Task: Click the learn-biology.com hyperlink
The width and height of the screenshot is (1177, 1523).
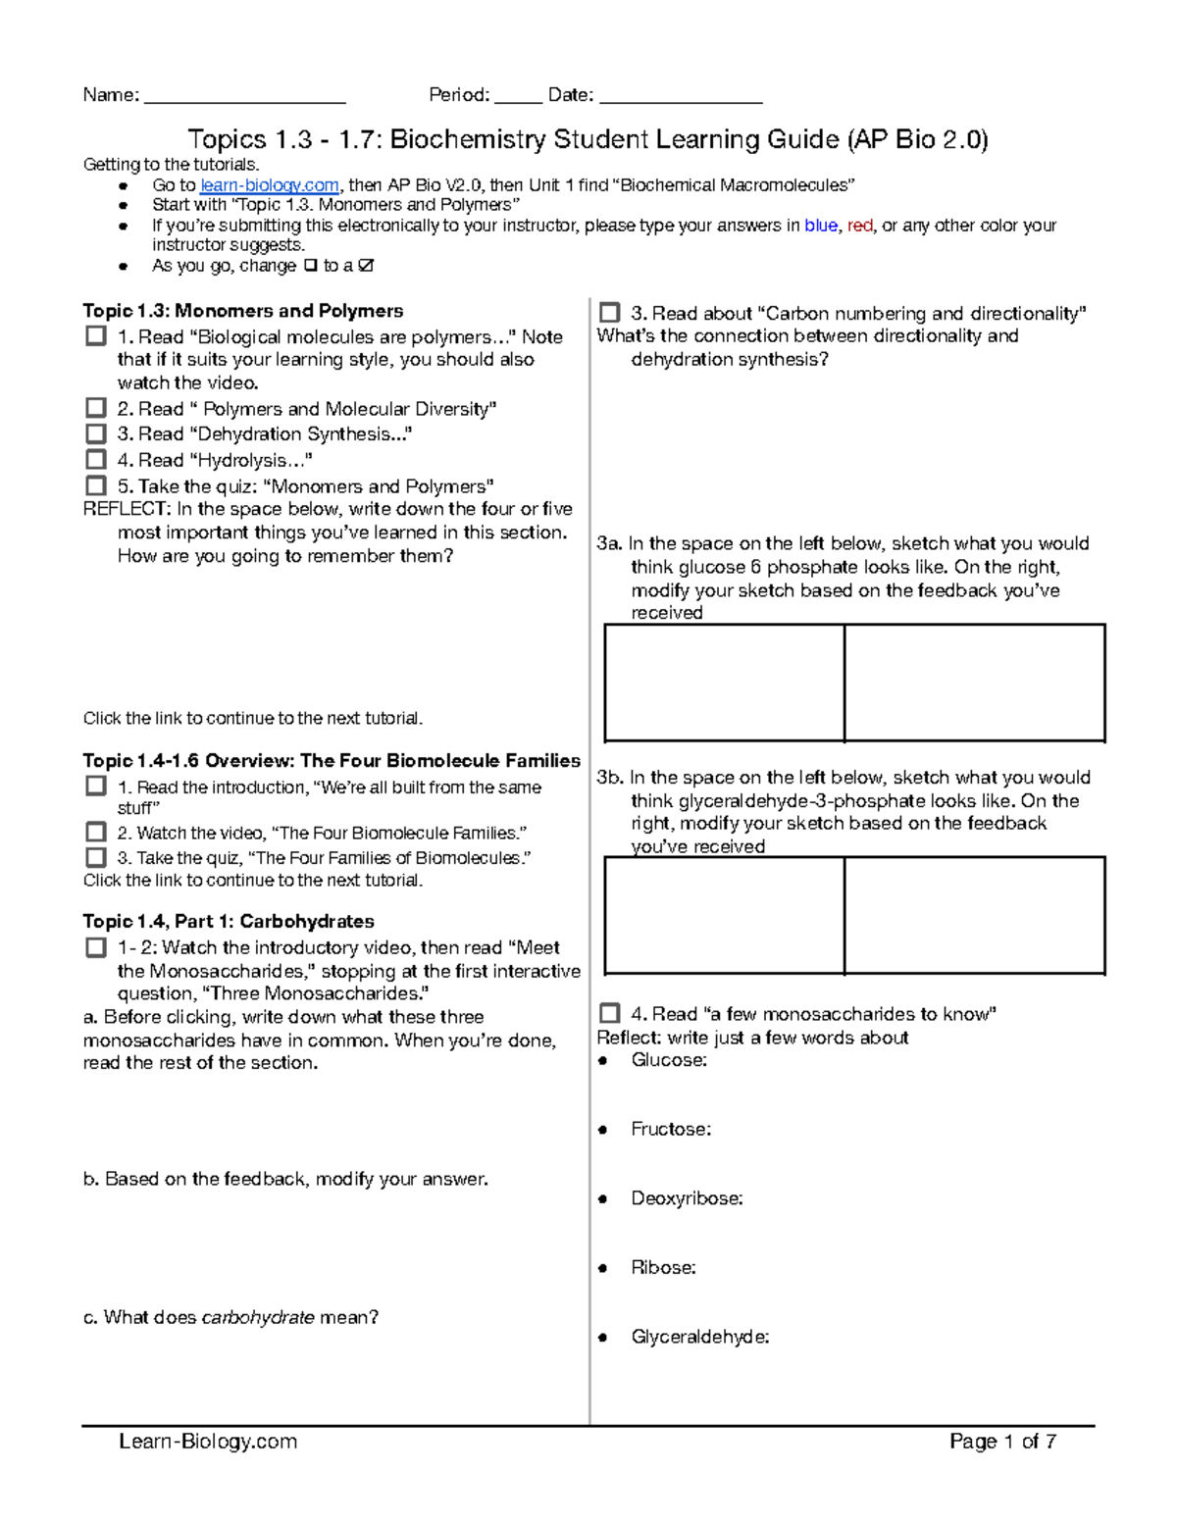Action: click(270, 185)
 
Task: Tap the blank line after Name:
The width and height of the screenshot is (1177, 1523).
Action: click(244, 97)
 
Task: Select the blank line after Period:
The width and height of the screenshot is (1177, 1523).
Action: click(518, 97)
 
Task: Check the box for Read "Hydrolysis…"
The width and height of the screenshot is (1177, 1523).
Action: click(95, 459)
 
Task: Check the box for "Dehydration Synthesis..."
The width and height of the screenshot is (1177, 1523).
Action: click(95, 433)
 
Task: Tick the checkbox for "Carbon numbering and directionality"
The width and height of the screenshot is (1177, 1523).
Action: click(609, 313)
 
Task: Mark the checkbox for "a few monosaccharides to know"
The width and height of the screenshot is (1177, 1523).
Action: click(609, 1013)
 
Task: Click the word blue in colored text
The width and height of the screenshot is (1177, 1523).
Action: click(820, 226)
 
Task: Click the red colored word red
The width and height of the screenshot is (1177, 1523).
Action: click(859, 226)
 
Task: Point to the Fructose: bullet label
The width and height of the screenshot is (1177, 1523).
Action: click(671, 1129)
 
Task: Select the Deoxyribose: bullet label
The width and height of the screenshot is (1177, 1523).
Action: click(687, 1198)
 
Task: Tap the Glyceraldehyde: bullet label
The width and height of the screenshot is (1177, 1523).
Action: click(699, 1337)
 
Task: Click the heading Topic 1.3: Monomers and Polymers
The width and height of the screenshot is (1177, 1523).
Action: click(242, 311)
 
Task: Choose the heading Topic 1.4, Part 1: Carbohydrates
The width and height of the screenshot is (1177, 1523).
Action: click(229, 921)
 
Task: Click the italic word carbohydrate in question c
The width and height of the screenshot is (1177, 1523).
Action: click(257, 1317)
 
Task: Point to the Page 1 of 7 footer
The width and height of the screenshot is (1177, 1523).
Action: click(1002, 1441)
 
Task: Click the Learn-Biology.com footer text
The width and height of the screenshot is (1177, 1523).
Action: click(208, 1441)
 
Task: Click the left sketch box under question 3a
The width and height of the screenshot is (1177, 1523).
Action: click(724, 683)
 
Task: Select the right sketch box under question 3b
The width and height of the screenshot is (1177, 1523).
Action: click(974, 915)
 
